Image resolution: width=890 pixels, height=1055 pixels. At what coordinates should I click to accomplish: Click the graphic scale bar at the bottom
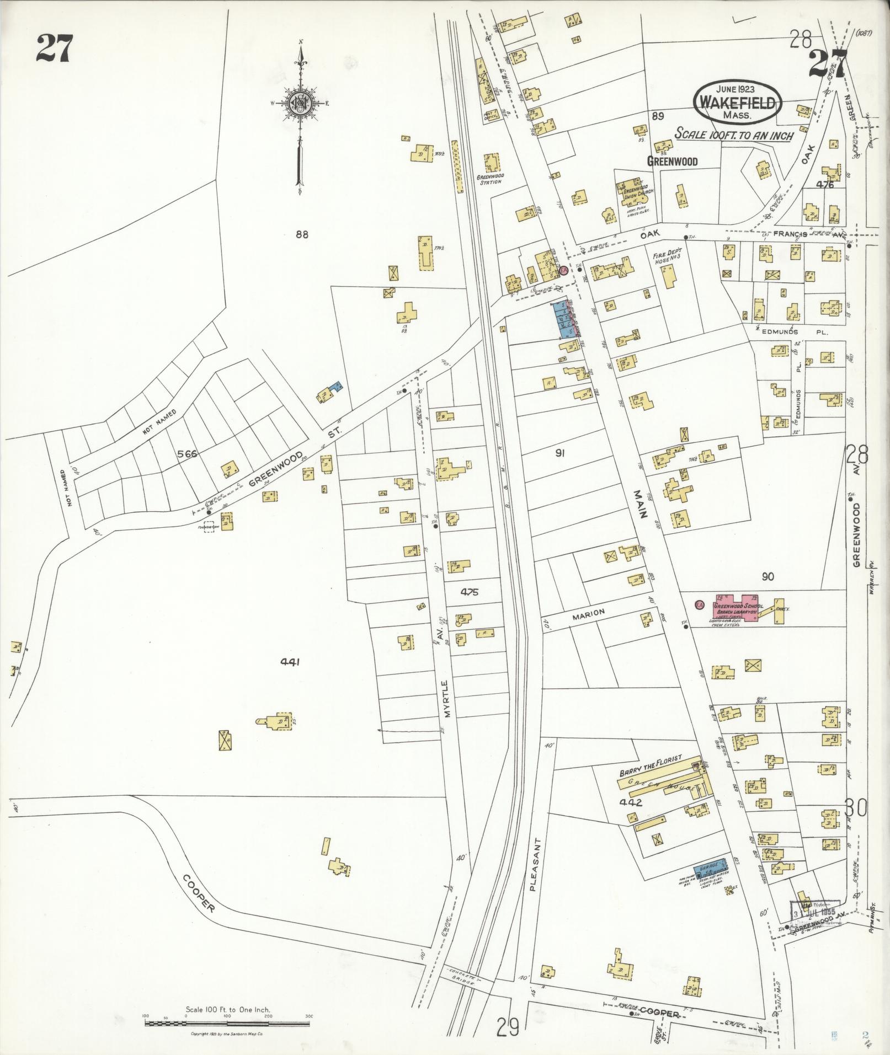227,1024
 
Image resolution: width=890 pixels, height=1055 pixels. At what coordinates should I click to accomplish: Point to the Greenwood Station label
490,179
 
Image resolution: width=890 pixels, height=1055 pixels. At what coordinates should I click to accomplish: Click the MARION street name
589,612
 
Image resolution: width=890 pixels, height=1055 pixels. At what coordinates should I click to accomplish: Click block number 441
289,662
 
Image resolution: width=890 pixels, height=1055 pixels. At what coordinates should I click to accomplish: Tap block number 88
301,234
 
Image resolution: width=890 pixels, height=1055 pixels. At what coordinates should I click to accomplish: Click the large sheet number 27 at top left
54,49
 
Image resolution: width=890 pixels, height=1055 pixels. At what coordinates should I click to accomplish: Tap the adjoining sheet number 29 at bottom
508,1027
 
